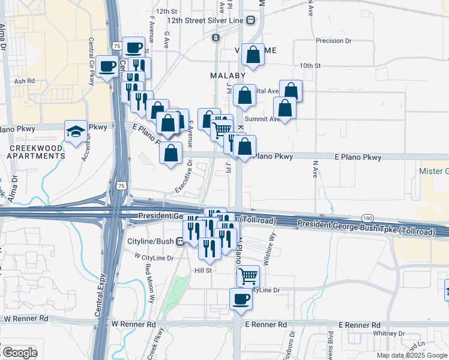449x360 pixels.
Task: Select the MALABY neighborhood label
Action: pos(228,76)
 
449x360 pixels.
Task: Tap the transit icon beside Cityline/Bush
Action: pos(179,242)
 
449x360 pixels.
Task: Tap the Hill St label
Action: pos(203,271)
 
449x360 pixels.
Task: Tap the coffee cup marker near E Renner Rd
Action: pos(241,299)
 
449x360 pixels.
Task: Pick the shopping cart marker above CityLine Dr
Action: pos(247,276)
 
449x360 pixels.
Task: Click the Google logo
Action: pos(19,353)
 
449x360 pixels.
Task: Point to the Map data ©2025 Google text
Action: pos(412,355)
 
